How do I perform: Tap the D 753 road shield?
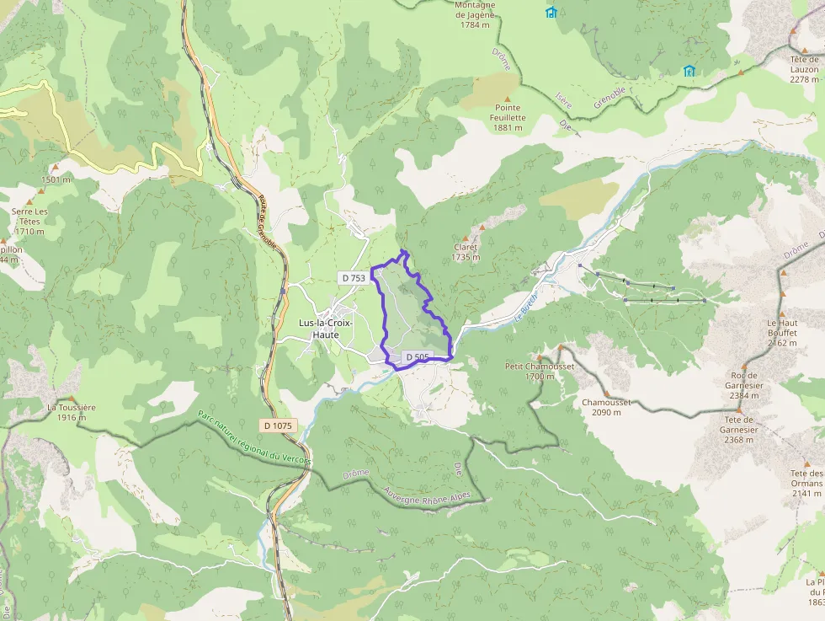coord(354,277)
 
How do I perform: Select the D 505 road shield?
coord(418,357)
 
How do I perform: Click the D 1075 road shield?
coord(277,426)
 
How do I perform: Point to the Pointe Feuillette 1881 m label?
coord(507,118)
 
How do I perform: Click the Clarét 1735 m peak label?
coord(466,252)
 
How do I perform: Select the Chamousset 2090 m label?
coord(606,407)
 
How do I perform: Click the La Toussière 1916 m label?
coord(72,412)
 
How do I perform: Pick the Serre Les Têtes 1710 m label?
coord(29,221)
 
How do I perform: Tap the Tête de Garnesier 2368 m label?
coord(739,429)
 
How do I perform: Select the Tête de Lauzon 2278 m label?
coord(804,69)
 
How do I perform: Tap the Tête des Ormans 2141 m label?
coord(806,484)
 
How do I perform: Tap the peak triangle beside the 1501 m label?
coord(55,168)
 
